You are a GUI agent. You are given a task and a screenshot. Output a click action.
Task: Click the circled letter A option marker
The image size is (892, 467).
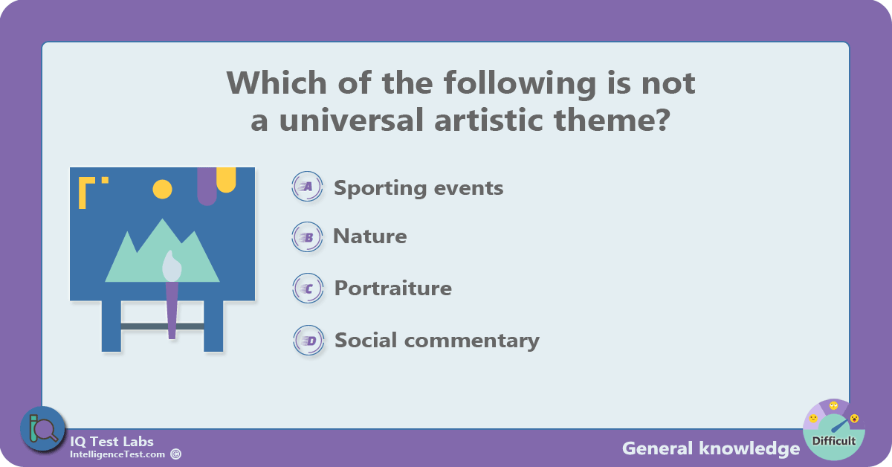[307, 186]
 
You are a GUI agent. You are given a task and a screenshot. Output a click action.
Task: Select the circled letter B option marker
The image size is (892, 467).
[307, 237]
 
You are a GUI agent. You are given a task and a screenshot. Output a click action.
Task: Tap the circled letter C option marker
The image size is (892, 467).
[308, 288]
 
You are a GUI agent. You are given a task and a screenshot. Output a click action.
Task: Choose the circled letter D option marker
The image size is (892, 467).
[308, 341]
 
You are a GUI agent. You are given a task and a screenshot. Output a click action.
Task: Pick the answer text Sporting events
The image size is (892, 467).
[418, 187]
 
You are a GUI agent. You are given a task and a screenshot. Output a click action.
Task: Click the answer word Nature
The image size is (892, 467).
[370, 236]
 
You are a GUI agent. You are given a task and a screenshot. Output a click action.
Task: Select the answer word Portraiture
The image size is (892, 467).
[393, 288]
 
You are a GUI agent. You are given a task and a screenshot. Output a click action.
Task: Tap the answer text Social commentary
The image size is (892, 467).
[437, 341]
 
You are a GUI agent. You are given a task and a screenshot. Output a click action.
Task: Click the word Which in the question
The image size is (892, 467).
[277, 83]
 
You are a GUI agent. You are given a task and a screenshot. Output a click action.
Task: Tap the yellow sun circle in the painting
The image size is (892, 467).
[163, 190]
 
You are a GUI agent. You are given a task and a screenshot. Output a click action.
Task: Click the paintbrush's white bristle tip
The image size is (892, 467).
[172, 265]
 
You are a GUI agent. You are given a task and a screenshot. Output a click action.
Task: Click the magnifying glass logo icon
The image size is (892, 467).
[42, 429]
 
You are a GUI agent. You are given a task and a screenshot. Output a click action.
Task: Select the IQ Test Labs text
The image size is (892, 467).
[111, 442]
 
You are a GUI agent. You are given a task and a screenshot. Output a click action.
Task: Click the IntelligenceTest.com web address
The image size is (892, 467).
[117, 454]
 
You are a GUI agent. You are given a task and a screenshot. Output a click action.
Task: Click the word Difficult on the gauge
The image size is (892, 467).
[834, 441]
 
